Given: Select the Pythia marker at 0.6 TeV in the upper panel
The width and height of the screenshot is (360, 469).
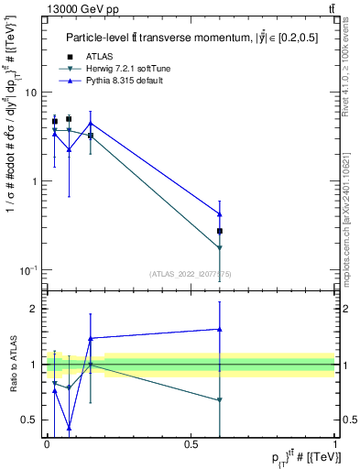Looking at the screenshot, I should [220, 214].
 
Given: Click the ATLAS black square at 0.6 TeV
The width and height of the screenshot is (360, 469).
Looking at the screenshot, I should [220, 231].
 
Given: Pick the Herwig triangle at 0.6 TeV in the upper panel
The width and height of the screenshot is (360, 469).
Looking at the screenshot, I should [220, 248].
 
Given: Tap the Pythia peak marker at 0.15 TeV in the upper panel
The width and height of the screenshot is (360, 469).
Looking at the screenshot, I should [90, 123].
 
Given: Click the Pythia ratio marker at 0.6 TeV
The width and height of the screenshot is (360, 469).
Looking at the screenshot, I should [220, 329].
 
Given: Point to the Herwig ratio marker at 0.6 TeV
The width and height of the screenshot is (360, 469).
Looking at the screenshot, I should [220, 400].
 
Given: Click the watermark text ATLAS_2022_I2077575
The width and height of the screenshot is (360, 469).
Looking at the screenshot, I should [190, 273].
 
